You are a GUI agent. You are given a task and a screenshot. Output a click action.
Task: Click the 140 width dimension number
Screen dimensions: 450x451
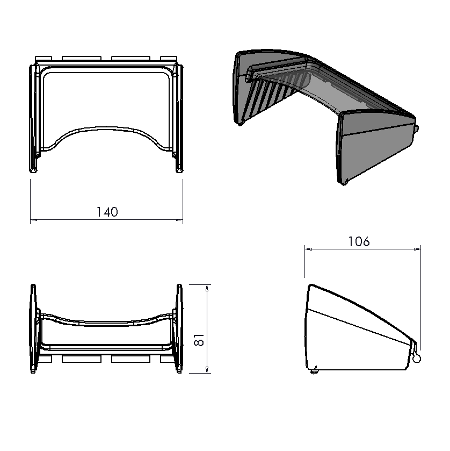[107, 212]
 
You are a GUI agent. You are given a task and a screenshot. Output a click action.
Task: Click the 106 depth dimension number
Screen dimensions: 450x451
[359, 241]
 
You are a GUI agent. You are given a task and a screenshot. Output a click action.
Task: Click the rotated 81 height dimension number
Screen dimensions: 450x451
[199, 340]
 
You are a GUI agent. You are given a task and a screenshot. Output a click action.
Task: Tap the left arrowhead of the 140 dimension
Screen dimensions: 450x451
[34, 220]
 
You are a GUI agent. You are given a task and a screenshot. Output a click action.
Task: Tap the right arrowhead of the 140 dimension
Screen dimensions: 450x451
[179, 220]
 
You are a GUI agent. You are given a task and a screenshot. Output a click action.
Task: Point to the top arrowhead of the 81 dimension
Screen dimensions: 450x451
[207, 288]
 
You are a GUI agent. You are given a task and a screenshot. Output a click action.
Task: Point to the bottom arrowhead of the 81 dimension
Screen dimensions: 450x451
[207, 370]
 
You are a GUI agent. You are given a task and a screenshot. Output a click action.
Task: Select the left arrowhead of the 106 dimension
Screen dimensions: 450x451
[308, 249]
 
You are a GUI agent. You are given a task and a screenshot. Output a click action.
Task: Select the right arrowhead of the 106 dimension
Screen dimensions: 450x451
[417, 249]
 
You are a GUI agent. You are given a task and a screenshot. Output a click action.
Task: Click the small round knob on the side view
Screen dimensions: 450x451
[416, 358]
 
